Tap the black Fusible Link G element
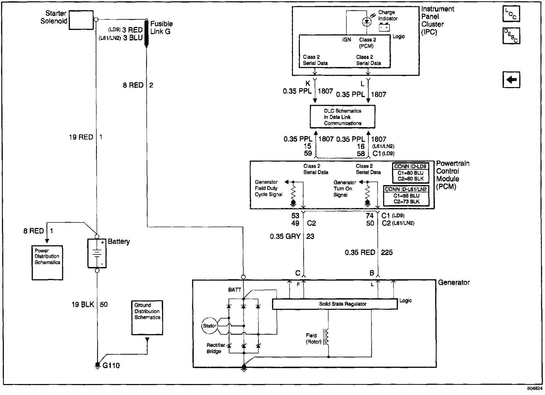coord(146,33)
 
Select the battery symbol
coord(97,253)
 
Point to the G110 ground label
coord(111,365)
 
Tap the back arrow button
coord(511,80)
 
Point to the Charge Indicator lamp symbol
coord(367,22)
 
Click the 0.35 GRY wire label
coord(285,236)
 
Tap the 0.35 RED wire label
coord(360,252)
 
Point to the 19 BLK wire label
coord(83,304)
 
